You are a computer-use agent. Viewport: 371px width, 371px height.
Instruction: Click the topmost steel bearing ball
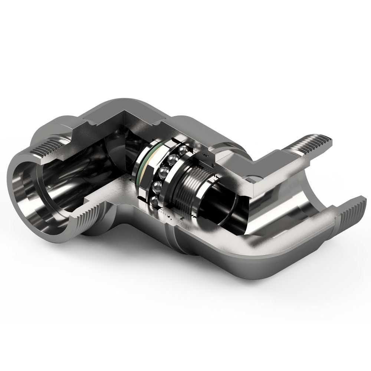pyautogui.click(x=183, y=150)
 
